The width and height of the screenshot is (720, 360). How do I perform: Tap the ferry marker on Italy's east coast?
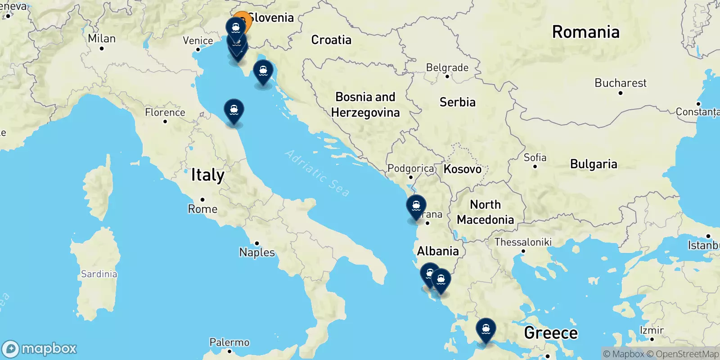(234, 110)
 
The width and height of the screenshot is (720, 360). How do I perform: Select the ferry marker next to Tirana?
(416, 207)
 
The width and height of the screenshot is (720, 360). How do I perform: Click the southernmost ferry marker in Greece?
(486, 329)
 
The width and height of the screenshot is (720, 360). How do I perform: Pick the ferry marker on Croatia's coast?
(263, 71)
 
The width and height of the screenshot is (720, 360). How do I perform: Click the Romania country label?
(585, 32)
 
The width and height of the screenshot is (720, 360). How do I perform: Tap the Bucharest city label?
(620, 83)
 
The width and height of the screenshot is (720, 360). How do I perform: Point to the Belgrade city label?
(447, 68)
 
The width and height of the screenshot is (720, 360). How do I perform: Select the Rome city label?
(202, 209)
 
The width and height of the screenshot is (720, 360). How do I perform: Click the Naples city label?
(256, 252)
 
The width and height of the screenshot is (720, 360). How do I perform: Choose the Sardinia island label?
(99, 274)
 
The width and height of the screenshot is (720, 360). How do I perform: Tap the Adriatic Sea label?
(318, 173)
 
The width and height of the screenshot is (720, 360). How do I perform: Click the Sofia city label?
(535, 158)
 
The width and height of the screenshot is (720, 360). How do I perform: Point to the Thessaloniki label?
(523, 242)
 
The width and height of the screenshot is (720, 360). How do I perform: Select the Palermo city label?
(229, 342)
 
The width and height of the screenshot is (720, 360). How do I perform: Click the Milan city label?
(102, 39)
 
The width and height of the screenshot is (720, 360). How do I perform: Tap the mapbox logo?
(40, 349)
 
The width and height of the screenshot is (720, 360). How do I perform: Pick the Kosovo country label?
(462, 169)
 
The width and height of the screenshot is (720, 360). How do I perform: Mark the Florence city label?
(165, 112)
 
